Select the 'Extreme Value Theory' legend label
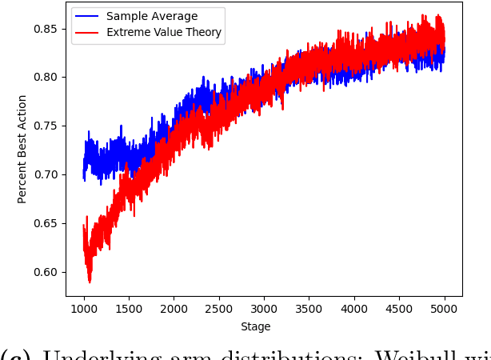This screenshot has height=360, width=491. [x=164, y=33]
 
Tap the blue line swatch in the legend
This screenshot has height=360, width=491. [x=87, y=16]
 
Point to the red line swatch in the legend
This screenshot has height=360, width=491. [x=87, y=33]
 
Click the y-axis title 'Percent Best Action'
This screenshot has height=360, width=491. [x=22, y=149]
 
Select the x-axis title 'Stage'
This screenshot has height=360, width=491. [x=255, y=326]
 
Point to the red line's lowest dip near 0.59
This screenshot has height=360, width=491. [x=90, y=281]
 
